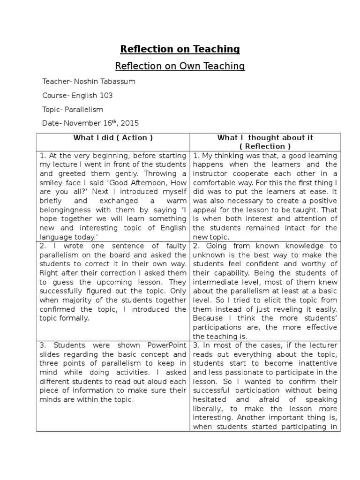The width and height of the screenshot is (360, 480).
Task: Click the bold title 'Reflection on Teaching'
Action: (x=180, y=49)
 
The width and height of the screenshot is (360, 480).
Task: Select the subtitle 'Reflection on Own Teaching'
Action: (x=180, y=66)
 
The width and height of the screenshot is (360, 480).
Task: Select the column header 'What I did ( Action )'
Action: (x=113, y=138)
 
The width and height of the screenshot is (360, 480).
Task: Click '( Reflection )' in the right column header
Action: (x=265, y=146)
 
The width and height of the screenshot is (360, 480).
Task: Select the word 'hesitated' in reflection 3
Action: (x=209, y=400)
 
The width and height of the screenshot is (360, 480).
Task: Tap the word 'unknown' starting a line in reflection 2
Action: (x=209, y=255)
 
